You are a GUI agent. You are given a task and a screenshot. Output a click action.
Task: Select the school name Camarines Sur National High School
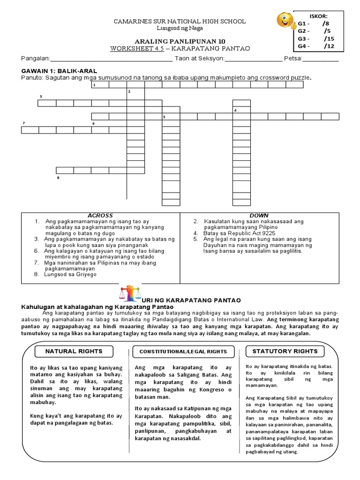[180, 22]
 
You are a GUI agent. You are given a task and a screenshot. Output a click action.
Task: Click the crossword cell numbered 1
[100, 85]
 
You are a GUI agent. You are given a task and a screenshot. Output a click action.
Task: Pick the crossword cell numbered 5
[171, 117]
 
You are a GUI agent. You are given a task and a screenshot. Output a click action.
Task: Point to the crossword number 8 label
[58, 178]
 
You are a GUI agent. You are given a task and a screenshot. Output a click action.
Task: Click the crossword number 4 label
[235, 110]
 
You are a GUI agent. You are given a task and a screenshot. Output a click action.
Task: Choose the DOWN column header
[259, 216]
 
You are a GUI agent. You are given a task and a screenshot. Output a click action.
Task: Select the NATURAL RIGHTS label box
[74, 351]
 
